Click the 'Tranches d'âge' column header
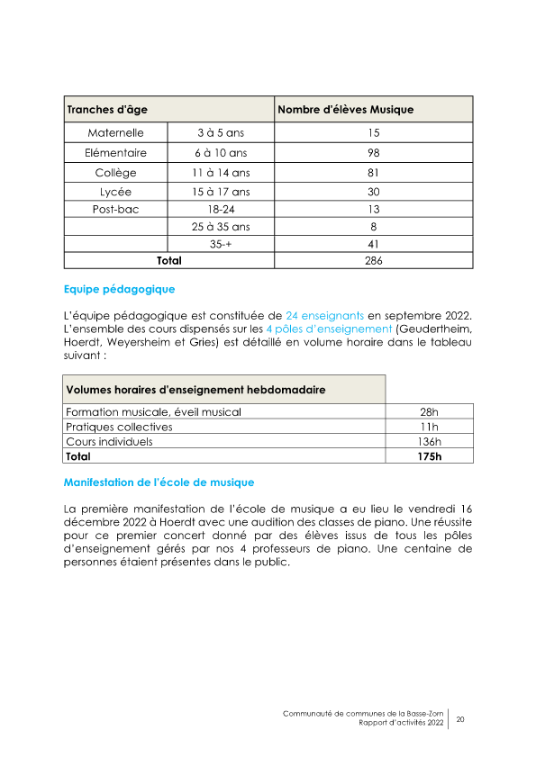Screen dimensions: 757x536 tap(106, 110)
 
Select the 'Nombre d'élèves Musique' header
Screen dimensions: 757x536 tap(345, 110)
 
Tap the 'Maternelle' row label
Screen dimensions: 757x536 tap(115, 133)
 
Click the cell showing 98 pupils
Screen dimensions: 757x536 tap(374, 153)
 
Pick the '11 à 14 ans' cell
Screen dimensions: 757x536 tap(221, 173)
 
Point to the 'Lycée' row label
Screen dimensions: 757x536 tap(115, 192)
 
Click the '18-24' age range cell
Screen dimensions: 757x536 tap(221, 209)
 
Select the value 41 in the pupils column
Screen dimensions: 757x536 tap(374, 243)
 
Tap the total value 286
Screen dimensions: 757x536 tap(374, 261)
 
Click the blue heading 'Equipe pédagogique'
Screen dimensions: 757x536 tap(119, 290)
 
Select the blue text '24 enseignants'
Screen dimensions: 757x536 tap(324, 316)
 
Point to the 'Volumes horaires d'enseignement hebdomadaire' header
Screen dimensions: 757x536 tap(195, 390)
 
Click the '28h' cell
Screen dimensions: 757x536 tap(429, 412)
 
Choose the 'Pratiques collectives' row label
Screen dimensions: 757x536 tap(119, 427)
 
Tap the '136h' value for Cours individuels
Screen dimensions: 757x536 tap(429, 442)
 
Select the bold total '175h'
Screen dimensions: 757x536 tap(429, 456)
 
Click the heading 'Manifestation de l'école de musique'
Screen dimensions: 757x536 tap(159, 482)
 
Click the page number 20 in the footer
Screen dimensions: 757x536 tap(460, 719)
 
